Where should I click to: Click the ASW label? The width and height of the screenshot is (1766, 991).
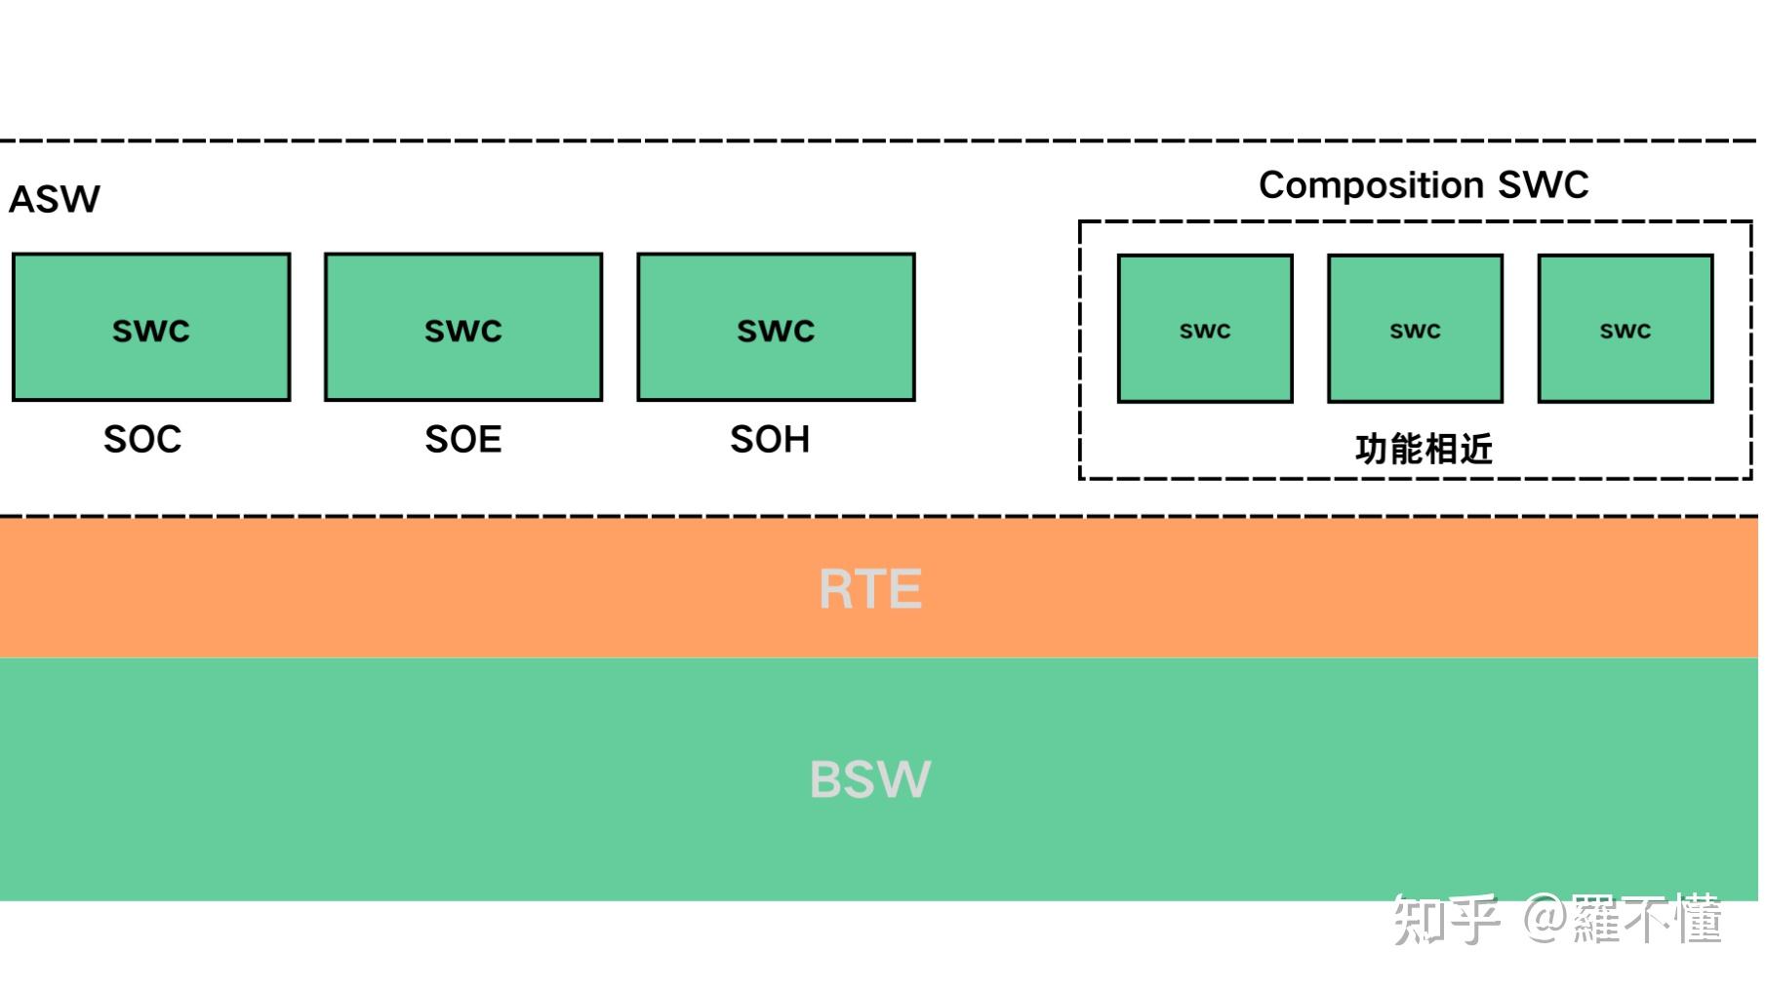55,200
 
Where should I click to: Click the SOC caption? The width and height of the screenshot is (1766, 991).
142,440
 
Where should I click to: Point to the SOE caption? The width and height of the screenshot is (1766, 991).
462,440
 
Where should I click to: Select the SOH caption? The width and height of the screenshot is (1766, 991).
770,440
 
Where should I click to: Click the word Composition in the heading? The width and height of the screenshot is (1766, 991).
1370,185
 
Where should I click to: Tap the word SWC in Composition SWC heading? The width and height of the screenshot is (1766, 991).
1544,185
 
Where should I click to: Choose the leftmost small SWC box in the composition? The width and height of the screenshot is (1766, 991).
1205,329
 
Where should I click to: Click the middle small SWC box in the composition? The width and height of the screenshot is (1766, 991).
1415,329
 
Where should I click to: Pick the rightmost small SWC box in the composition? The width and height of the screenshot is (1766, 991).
1626,329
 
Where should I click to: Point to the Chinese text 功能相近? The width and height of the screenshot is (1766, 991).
1424,450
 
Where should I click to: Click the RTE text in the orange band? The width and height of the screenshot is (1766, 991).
870,589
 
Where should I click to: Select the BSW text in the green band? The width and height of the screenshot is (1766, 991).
870,779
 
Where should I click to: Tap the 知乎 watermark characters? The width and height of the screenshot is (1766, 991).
1445,919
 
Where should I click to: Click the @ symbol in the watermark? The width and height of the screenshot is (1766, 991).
1545,919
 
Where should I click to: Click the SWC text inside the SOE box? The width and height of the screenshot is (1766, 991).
463,332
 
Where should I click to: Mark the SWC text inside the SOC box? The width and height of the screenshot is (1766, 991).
151,332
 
